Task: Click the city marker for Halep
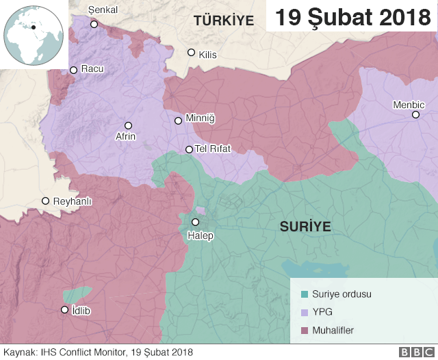click(195, 222)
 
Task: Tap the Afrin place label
click(125, 136)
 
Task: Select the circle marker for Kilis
click(191, 53)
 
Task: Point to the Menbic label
click(409, 105)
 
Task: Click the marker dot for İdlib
click(65, 309)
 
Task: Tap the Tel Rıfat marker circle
click(190, 149)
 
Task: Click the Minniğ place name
click(200, 119)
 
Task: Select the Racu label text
click(92, 69)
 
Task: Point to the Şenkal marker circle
click(94, 25)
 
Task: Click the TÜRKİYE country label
click(223, 21)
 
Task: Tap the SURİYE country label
click(305, 226)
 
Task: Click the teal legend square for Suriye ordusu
click(305, 294)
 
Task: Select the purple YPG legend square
click(305, 313)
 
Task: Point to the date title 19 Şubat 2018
click(353, 16)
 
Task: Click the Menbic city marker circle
click(415, 114)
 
